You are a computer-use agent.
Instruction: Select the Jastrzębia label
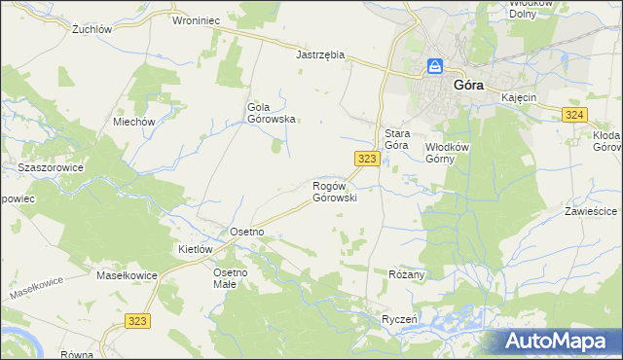(x=320, y=55)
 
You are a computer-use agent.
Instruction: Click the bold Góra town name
(x=469, y=85)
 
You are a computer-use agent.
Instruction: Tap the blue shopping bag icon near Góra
(x=436, y=67)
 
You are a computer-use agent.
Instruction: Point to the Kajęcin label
(x=519, y=99)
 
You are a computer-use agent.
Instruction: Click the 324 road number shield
(x=573, y=116)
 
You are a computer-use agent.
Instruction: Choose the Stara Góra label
(x=395, y=138)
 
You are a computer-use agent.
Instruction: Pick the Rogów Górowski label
(x=335, y=191)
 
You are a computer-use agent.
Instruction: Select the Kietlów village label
(x=195, y=249)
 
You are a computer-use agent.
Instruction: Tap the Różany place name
(x=407, y=274)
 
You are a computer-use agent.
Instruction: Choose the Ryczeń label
(x=399, y=319)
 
